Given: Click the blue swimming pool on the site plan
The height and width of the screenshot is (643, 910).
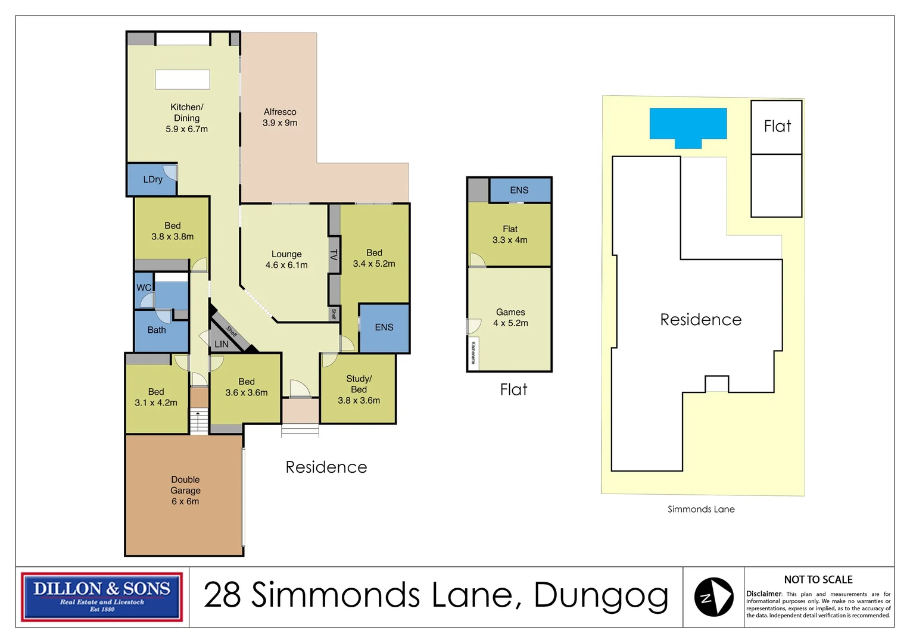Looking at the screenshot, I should coord(688,124).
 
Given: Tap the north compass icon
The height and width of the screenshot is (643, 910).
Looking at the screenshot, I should coord(713,597).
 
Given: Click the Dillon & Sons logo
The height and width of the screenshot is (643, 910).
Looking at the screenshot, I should coord(102,597).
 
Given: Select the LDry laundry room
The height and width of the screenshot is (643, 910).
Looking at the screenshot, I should coord(152,179).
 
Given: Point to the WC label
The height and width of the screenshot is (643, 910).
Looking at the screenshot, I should coord(144,288).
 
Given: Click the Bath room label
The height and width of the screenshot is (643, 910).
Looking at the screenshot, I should coord(157,330).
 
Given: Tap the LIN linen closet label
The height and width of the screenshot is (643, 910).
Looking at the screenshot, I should coord(222,344).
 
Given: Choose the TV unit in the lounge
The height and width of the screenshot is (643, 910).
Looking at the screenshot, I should coord(334,255).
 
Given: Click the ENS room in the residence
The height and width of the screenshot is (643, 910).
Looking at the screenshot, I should coord(384,327).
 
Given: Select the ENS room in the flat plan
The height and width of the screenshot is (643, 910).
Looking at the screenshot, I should coord(519,191).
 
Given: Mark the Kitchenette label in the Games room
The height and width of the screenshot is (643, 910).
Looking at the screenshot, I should coord(473,353).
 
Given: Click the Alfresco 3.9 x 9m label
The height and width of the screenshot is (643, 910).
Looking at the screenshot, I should coord(280,117).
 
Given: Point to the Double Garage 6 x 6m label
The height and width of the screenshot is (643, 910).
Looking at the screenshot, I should coord(185,491).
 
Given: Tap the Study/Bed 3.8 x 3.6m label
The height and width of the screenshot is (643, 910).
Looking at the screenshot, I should coord(359,389).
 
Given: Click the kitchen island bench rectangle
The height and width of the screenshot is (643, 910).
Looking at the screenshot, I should coord(182,80).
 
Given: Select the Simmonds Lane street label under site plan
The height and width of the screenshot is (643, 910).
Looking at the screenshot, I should coord(701,509).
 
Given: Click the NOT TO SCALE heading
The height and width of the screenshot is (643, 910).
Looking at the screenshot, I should coord(818,580).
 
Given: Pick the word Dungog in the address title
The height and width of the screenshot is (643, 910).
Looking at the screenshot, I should coord(601,596).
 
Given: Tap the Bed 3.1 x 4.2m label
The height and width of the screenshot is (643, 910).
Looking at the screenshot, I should coord(156,397).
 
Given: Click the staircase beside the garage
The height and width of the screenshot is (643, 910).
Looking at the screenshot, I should coord(199,421).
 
